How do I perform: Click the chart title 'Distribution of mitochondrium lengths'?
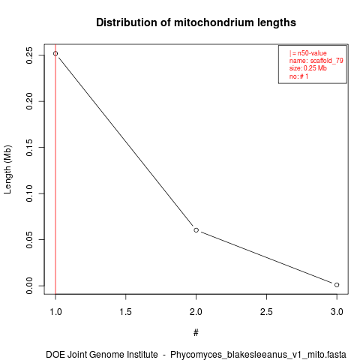[196, 22]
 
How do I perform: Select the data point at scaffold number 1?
[55, 53]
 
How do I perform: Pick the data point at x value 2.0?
[196, 230]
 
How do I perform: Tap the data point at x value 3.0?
[337, 285]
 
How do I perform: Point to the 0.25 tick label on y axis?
[29, 55]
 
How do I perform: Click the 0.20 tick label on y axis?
[29, 101]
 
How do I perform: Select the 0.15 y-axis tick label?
[29, 148]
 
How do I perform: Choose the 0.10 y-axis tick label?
[29, 193]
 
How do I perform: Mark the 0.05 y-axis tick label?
[29, 239]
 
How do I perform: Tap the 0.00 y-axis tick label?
[29, 286]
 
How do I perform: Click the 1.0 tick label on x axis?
[55, 312]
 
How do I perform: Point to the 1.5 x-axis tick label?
[126, 312]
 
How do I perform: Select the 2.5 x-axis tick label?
[266, 312]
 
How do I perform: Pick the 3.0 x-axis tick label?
[337, 312]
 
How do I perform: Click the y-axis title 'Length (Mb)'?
[7, 169]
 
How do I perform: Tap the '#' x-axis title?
[196, 333]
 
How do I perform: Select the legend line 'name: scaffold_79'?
[316, 61]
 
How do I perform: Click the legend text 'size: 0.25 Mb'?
[308, 68]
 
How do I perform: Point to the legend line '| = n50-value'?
[308, 53]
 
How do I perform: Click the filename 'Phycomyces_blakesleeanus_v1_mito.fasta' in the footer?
[258, 355]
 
